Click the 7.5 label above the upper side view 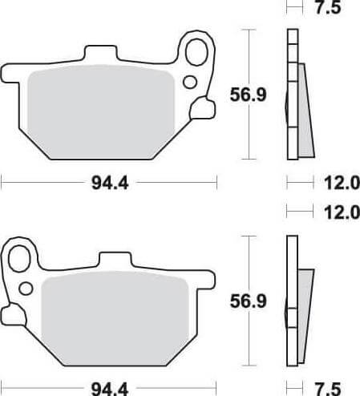pos(326,10)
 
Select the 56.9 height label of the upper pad pos(247,95)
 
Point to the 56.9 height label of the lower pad pos(247,301)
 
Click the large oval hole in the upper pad pos(196,51)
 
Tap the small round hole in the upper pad pos(190,81)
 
